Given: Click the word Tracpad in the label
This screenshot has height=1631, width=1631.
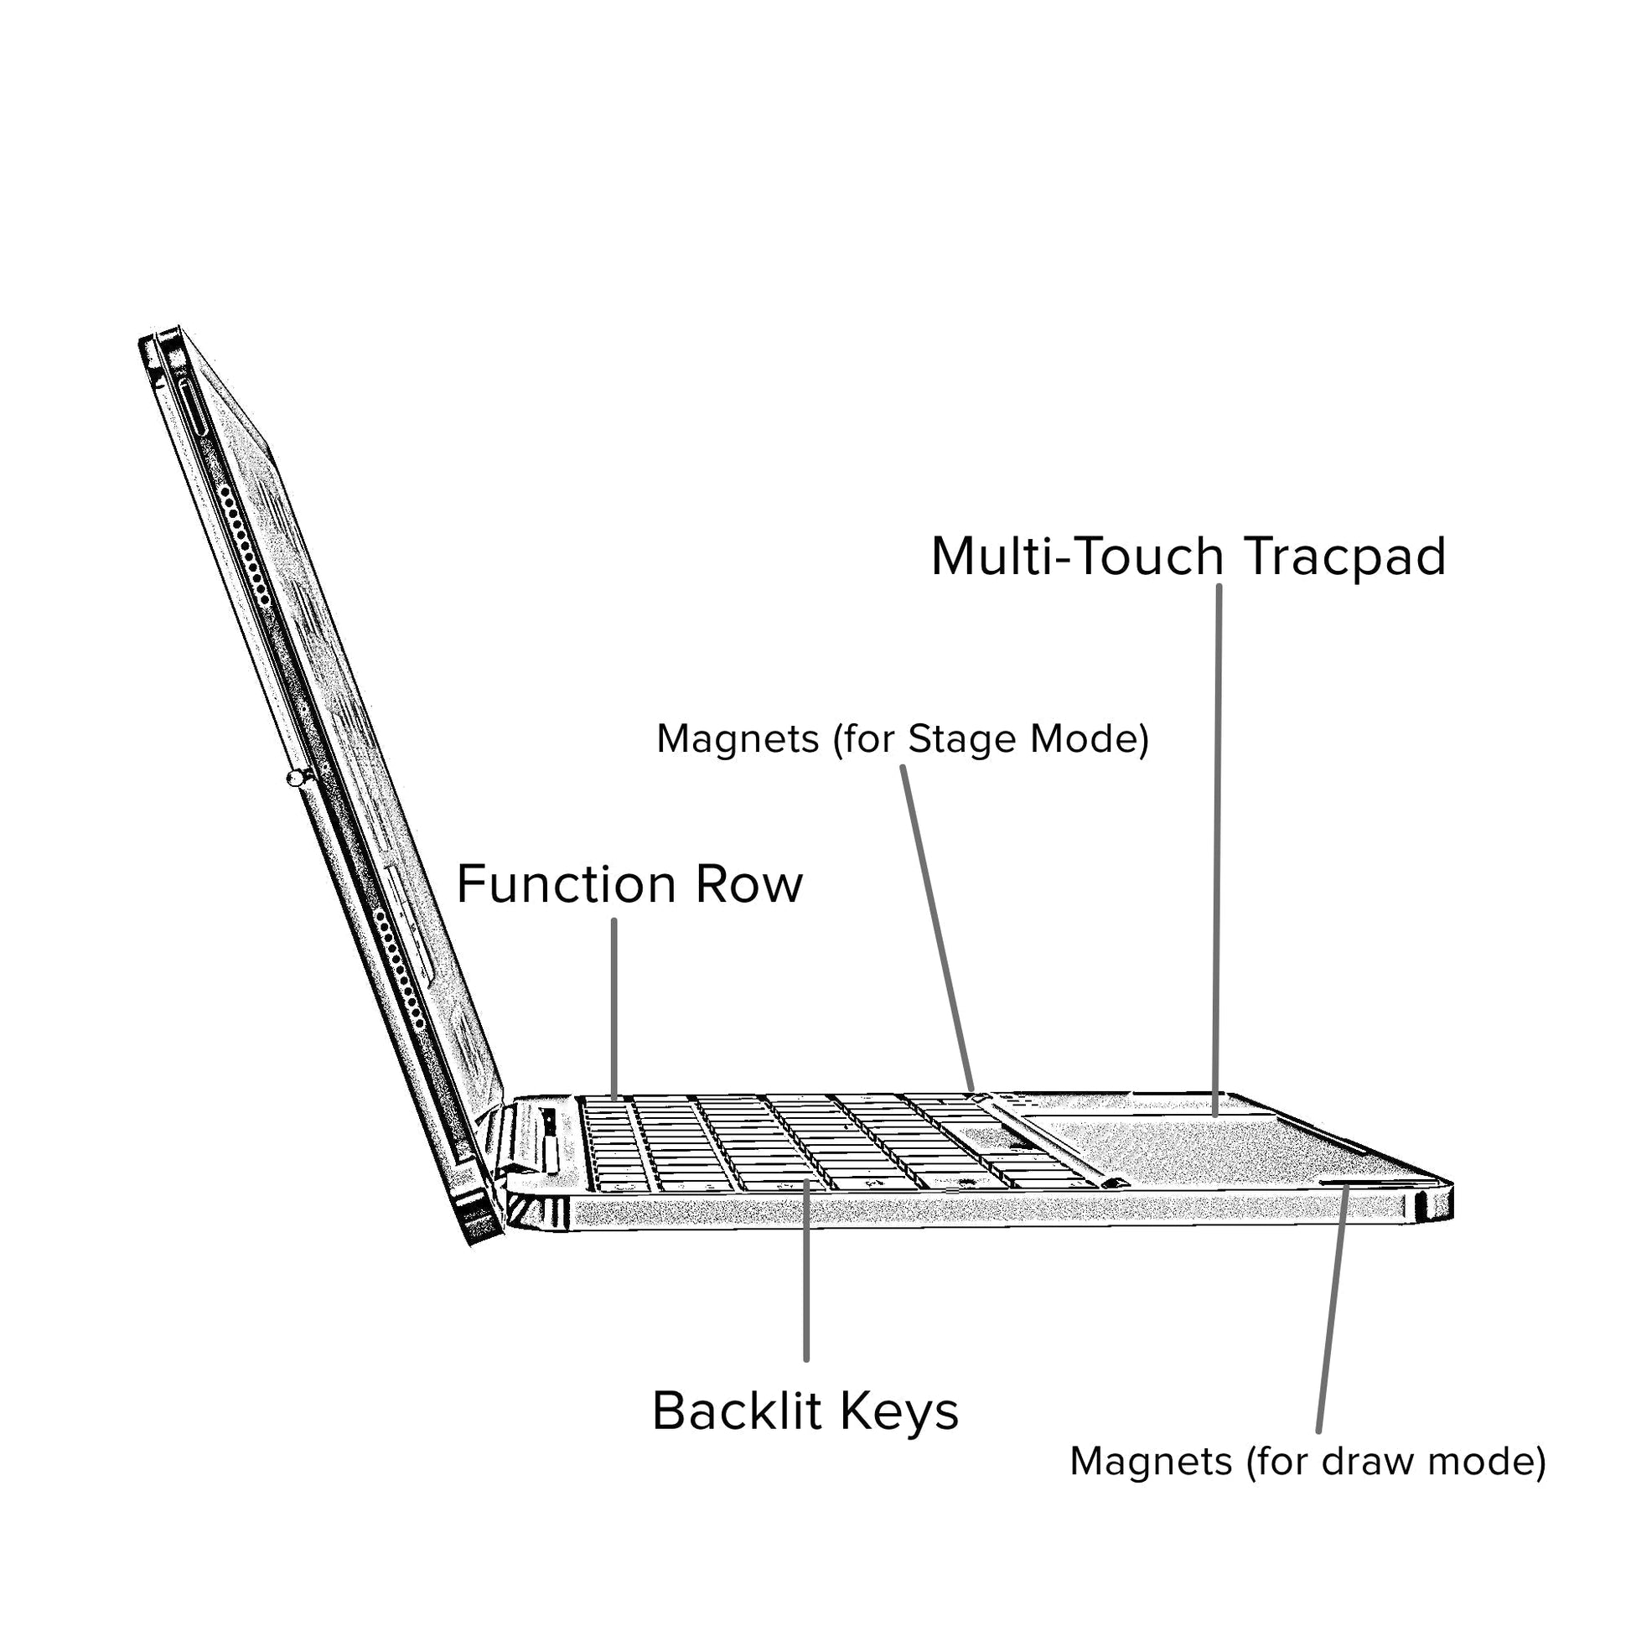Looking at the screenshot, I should click(1346, 557).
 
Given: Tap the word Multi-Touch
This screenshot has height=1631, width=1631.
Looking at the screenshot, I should click(1077, 557).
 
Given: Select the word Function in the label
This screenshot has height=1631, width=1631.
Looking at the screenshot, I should click(567, 885).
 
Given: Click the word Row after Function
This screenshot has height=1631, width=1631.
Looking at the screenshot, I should click(748, 885).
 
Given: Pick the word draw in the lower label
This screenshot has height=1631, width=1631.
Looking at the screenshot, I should click(1357, 1462).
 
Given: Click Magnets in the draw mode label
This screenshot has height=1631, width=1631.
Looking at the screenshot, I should click(1151, 1462).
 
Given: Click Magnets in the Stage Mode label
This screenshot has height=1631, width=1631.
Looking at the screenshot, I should click(738, 738).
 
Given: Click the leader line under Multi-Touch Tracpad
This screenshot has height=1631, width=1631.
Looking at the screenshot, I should click(1217, 844).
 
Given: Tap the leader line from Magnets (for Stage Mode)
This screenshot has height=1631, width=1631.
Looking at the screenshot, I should click(937, 929).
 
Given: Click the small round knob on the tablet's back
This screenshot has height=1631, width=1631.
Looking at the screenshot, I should click(295, 778).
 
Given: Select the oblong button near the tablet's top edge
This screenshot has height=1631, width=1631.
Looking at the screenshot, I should click(194, 406).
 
